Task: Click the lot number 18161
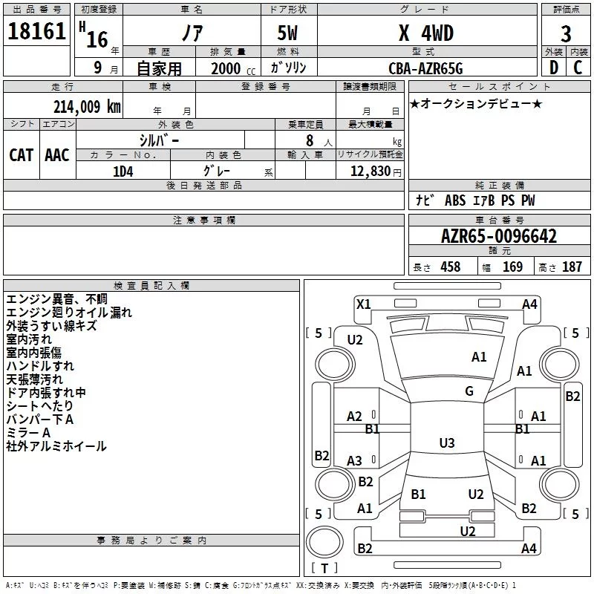(x=36, y=31)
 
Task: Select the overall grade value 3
(x=566, y=34)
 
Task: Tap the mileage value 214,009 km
(x=87, y=107)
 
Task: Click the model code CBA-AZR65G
(x=425, y=68)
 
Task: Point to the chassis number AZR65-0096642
(x=499, y=236)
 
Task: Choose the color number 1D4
(x=123, y=172)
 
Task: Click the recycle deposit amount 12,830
(x=371, y=172)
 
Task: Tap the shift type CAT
(x=22, y=155)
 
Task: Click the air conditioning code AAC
(x=57, y=155)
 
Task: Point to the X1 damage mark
(x=363, y=304)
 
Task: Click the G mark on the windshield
(x=469, y=391)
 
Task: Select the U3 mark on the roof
(x=447, y=443)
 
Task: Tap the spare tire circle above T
(x=324, y=542)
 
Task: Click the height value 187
(x=572, y=267)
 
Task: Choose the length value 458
(x=451, y=267)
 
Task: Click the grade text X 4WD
(x=426, y=33)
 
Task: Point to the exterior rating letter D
(x=554, y=68)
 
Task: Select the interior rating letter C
(x=578, y=68)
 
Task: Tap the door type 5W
(x=287, y=33)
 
